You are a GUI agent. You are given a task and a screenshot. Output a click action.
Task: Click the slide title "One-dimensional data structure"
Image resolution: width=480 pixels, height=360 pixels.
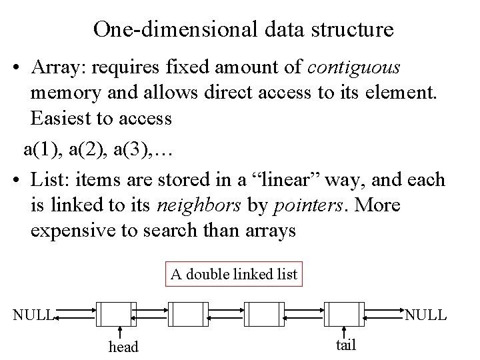[243, 29]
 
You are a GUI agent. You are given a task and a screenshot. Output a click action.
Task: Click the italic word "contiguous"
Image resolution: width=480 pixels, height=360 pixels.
[355, 67]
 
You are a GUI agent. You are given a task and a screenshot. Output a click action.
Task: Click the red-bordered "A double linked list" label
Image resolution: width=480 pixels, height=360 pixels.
[233, 273]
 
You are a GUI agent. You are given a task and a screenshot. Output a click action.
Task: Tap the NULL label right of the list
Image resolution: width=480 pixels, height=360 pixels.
[426, 314]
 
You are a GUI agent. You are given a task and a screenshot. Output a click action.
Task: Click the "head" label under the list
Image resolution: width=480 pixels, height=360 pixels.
[123, 347]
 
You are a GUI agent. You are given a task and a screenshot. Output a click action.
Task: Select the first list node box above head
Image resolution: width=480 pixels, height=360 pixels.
[115, 314]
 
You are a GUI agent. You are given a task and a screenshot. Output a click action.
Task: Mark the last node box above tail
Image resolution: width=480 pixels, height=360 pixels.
[343, 314]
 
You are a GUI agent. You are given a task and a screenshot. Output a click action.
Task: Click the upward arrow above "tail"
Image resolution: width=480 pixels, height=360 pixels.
[344, 333]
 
